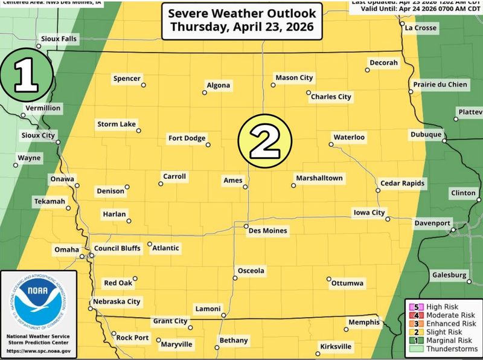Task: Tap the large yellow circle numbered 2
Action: pyautogui.click(x=266, y=140)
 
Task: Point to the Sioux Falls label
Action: pyautogui.click(x=59, y=39)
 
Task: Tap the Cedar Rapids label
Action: pyautogui.click(x=402, y=183)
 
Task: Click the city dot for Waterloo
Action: pyautogui.click(x=331, y=144)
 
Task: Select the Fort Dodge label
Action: pyautogui.click(x=187, y=138)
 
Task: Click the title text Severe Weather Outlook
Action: pyautogui.click(x=241, y=13)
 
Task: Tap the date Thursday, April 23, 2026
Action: pyautogui.click(x=241, y=27)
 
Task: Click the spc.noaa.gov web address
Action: pyautogui.click(x=39, y=351)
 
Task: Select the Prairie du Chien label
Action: pyautogui.click(x=440, y=85)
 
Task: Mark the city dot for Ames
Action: pyautogui.click(x=245, y=187)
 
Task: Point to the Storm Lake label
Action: pyautogui.click(x=116, y=124)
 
